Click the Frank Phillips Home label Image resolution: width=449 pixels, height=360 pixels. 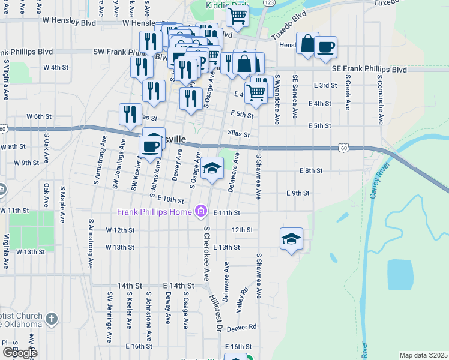[154, 212]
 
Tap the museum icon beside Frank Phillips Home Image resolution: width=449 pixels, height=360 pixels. [200, 212]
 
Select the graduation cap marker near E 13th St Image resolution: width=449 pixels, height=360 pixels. [291, 239]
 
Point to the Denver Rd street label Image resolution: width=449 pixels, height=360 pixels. [242, 327]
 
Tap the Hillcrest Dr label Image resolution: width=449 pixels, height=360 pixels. [215, 312]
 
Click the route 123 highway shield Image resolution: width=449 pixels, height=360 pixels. [269, 3]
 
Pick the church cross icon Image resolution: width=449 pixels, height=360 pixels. [52, 319]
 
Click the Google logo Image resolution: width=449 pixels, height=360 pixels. [20, 353]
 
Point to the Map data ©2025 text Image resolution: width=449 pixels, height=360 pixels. [423, 355]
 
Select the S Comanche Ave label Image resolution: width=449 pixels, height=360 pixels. [380, 99]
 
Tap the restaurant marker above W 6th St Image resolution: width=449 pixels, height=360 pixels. [130, 113]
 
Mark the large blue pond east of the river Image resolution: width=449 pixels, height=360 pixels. [400, 275]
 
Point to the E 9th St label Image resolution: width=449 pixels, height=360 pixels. [297, 193]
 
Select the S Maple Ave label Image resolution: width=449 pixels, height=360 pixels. [62, 205]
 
